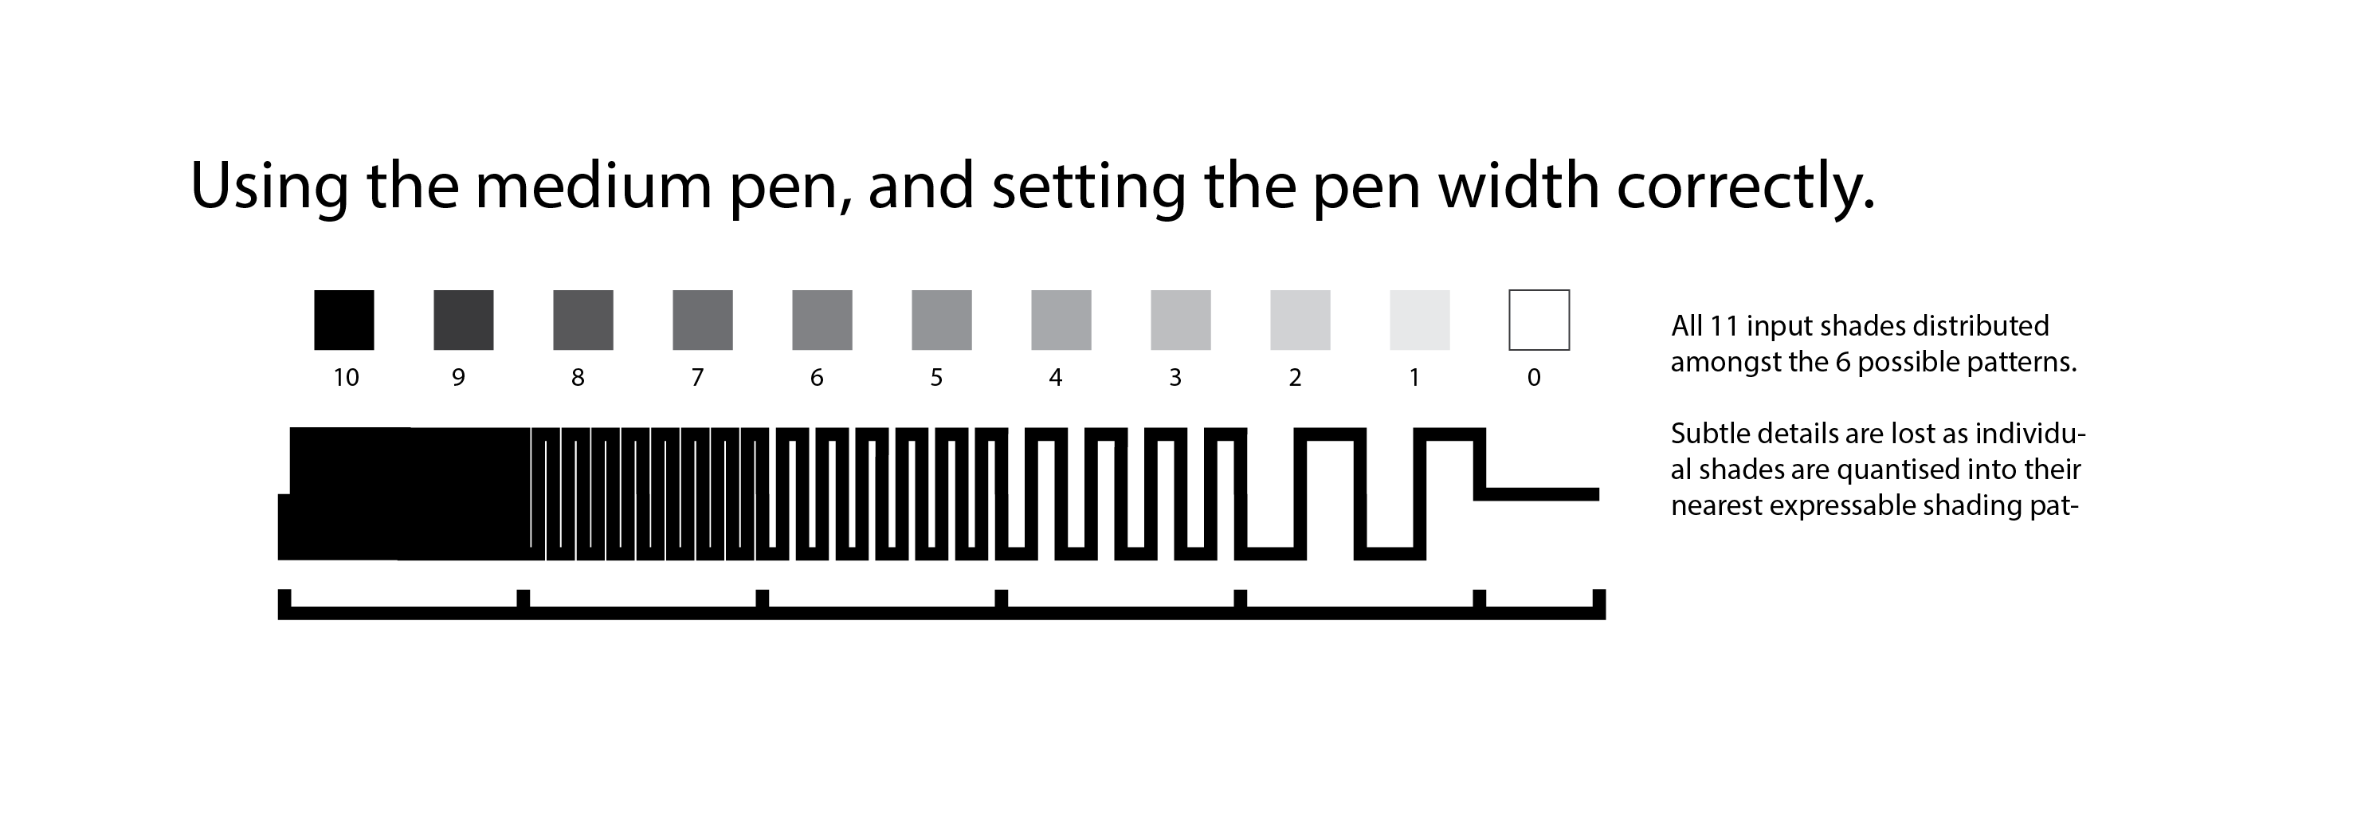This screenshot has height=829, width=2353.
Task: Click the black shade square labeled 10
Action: click(x=343, y=320)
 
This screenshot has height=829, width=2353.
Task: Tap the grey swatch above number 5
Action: click(x=941, y=320)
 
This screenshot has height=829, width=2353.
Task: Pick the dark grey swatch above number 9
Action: click(x=463, y=320)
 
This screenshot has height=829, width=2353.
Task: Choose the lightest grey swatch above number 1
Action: click(x=1418, y=320)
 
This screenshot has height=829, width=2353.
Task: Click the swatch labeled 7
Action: click(x=703, y=320)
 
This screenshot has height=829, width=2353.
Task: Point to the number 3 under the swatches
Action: click(x=1175, y=378)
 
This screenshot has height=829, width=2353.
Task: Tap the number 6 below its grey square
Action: click(x=817, y=378)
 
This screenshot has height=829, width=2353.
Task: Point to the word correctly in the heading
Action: click(x=1745, y=188)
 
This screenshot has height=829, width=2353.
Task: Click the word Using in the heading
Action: click(x=269, y=188)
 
